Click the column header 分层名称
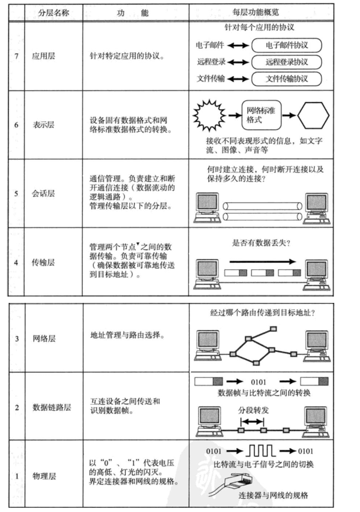click(x=53, y=12)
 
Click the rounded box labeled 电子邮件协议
click(x=287, y=45)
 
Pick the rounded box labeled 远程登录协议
click(x=287, y=62)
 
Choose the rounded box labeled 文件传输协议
click(x=287, y=80)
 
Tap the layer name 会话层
click(x=44, y=193)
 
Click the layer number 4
click(x=16, y=262)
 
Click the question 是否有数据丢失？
click(x=261, y=243)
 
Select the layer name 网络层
click(x=44, y=338)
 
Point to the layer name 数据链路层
click(x=52, y=407)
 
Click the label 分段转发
click(x=253, y=409)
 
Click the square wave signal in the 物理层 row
click(x=259, y=451)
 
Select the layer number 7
click(x=16, y=55)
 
